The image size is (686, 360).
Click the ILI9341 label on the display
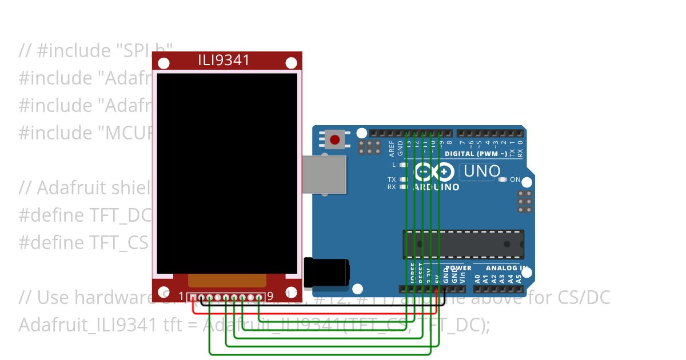click(x=224, y=60)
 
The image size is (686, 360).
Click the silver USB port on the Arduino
click(x=324, y=174)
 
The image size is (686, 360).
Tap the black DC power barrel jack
click(x=326, y=272)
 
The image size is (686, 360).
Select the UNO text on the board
click(x=482, y=171)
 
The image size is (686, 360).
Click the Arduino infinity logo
click(x=434, y=171)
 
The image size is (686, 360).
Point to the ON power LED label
click(x=515, y=179)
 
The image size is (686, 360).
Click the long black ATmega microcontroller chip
click(x=463, y=245)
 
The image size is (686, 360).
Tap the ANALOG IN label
click(x=507, y=267)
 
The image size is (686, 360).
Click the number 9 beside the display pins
click(x=270, y=297)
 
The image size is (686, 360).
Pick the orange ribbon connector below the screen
click(x=227, y=280)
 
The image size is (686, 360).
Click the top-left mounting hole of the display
click(x=163, y=63)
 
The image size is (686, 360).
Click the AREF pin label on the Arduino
click(x=392, y=148)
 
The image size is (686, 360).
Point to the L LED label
click(x=394, y=165)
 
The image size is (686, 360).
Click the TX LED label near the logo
click(x=392, y=179)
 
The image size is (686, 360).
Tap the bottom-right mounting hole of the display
click(x=290, y=291)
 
